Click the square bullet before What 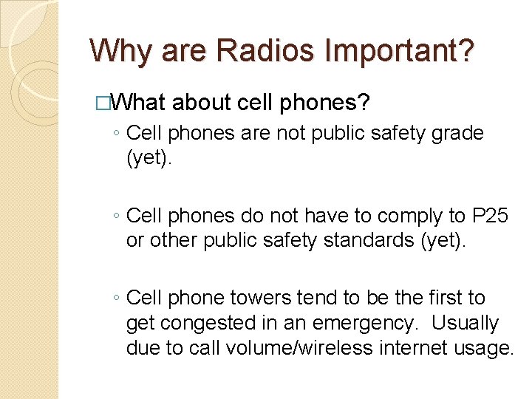tap(103, 103)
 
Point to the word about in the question tap(202, 102)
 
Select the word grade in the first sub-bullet tap(457, 134)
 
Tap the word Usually tap(465, 323)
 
